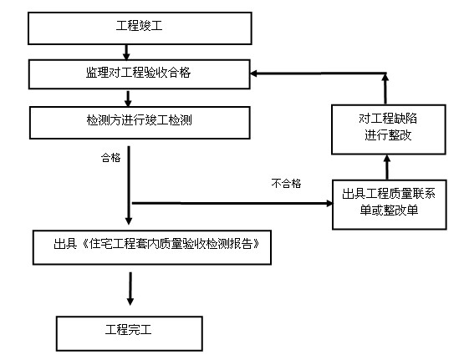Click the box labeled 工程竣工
139,28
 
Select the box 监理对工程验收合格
139,74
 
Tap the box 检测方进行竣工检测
139,122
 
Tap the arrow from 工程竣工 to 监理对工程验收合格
126,51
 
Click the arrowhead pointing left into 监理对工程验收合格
257,74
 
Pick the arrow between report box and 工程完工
130,288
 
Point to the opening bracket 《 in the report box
83,246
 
